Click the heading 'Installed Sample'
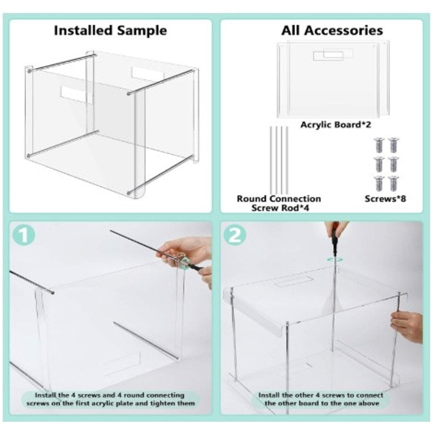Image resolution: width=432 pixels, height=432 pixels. click(x=110, y=30)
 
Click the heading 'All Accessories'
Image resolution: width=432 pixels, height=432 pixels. click(x=332, y=30)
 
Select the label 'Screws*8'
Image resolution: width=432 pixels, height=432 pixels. click(x=386, y=199)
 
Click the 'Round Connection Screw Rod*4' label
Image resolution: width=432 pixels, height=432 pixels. click(x=279, y=203)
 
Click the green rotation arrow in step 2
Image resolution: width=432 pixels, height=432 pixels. click(x=336, y=259)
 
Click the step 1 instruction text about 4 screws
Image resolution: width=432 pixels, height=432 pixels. click(x=111, y=400)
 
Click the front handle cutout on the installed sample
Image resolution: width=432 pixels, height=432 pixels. click(x=76, y=94)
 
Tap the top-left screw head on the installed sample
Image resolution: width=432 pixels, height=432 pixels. click(x=30, y=70)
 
